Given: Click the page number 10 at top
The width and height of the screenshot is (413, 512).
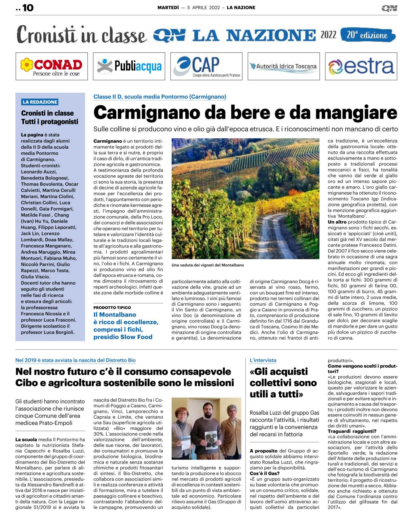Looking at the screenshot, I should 28,8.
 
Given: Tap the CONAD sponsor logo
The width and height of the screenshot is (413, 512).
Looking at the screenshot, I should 52,66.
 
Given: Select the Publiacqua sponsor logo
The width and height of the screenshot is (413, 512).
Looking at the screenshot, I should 129,66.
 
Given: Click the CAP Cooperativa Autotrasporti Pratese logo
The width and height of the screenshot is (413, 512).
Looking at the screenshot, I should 206,66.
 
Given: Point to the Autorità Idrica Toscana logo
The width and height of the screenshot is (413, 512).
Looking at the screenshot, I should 284,66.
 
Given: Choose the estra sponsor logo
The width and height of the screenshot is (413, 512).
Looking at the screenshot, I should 361,66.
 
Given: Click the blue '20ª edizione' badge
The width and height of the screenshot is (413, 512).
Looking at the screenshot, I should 368,35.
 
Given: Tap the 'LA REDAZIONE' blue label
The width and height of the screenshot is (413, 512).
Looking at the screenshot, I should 40,102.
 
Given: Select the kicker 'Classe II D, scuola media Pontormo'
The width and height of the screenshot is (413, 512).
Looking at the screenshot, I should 160,97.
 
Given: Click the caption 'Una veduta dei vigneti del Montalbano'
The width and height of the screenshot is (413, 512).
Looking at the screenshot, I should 208,265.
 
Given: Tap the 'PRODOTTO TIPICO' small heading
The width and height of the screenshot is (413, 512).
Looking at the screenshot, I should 112,308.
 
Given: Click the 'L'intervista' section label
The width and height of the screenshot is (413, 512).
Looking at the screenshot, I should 263,360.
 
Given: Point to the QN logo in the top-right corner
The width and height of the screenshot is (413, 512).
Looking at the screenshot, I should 389,8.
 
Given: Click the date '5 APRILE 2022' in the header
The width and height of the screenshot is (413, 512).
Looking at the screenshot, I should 203,8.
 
